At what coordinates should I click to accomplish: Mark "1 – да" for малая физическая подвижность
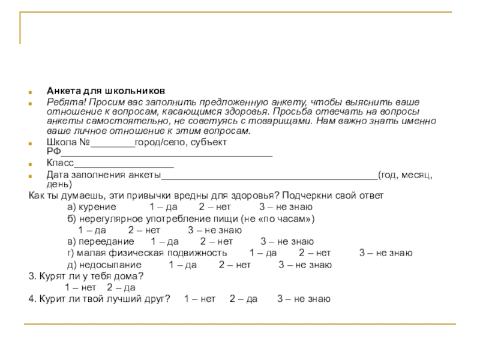(x=262, y=253)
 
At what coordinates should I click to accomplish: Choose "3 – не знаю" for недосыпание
(x=304, y=265)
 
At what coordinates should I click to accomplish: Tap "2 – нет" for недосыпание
(x=235, y=265)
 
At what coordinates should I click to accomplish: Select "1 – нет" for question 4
(x=199, y=298)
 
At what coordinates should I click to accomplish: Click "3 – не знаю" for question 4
(x=303, y=298)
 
